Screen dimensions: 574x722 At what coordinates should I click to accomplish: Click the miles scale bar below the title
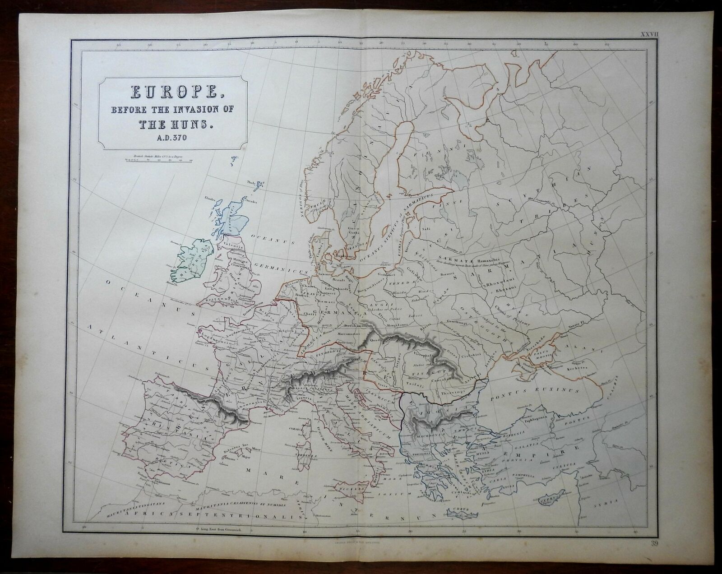click(153, 160)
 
